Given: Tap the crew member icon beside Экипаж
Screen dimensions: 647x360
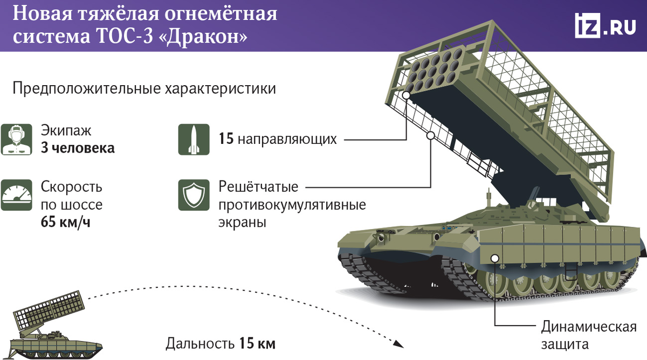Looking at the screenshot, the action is click(x=15, y=139).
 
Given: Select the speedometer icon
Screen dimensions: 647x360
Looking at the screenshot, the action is click(x=15, y=195).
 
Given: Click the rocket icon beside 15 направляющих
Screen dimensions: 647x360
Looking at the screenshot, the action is click(x=194, y=139).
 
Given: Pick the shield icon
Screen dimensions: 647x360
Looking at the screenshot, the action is click(x=194, y=195).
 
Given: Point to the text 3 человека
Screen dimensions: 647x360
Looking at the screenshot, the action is click(x=78, y=148).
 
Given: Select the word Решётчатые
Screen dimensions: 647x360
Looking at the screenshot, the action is click(x=258, y=187).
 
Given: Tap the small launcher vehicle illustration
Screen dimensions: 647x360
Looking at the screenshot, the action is click(x=51, y=328).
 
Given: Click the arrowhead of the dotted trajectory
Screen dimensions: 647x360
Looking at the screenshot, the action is click(x=398, y=343).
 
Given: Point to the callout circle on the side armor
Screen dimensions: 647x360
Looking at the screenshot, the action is click(x=494, y=258).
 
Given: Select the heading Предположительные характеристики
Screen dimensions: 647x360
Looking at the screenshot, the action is click(x=144, y=88).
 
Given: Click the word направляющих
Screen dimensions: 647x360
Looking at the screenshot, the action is click(x=286, y=139).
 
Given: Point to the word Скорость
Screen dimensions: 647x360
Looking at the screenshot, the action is click(x=72, y=187).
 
